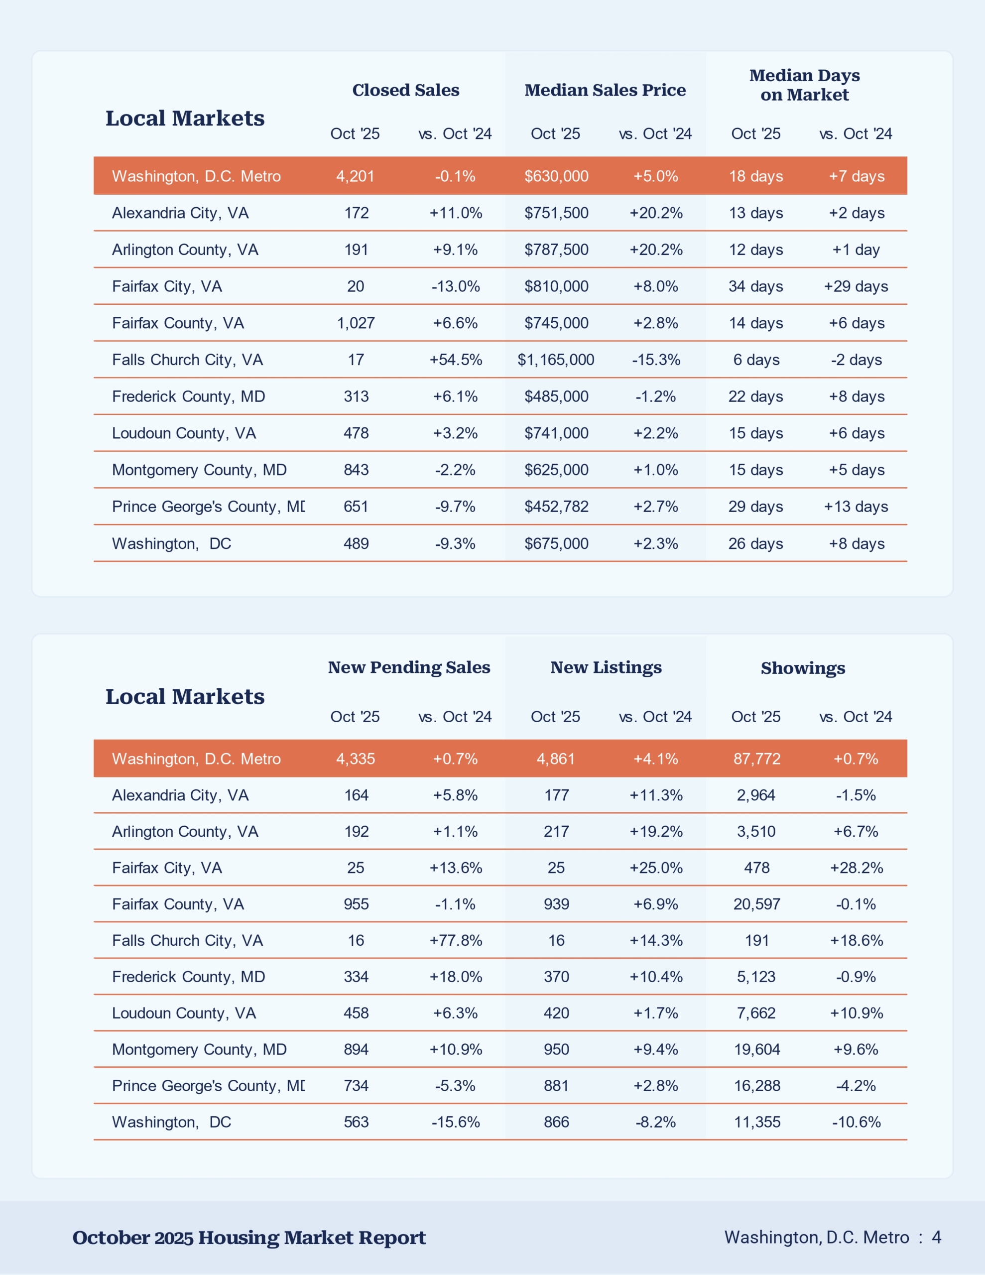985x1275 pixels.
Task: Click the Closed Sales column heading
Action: tap(406, 90)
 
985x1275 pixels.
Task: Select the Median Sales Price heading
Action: tap(605, 90)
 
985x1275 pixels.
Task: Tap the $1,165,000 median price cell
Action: tap(556, 360)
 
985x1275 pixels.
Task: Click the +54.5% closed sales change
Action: tap(456, 360)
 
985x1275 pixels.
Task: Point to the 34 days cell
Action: tap(755, 286)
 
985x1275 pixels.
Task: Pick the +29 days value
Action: tap(856, 286)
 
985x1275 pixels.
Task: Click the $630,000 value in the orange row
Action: tap(556, 176)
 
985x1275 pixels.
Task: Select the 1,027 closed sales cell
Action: tap(356, 323)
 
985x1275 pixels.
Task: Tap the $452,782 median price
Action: tap(556, 506)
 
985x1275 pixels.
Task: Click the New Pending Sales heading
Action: tap(409, 667)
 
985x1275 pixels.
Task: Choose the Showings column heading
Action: tap(803, 668)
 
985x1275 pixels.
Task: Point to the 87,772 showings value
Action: tap(757, 759)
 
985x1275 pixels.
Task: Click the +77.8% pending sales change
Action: tap(456, 940)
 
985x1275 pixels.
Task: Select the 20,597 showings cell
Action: tap(757, 904)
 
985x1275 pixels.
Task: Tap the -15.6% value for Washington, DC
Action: tap(456, 1122)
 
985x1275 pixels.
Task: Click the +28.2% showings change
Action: tap(856, 868)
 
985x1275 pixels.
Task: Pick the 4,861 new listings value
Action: tap(556, 759)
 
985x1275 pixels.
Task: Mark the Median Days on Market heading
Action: tap(805, 85)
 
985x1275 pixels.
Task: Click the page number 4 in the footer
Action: tap(937, 1237)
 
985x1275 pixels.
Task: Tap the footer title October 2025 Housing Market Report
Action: tap(249, 1237)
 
